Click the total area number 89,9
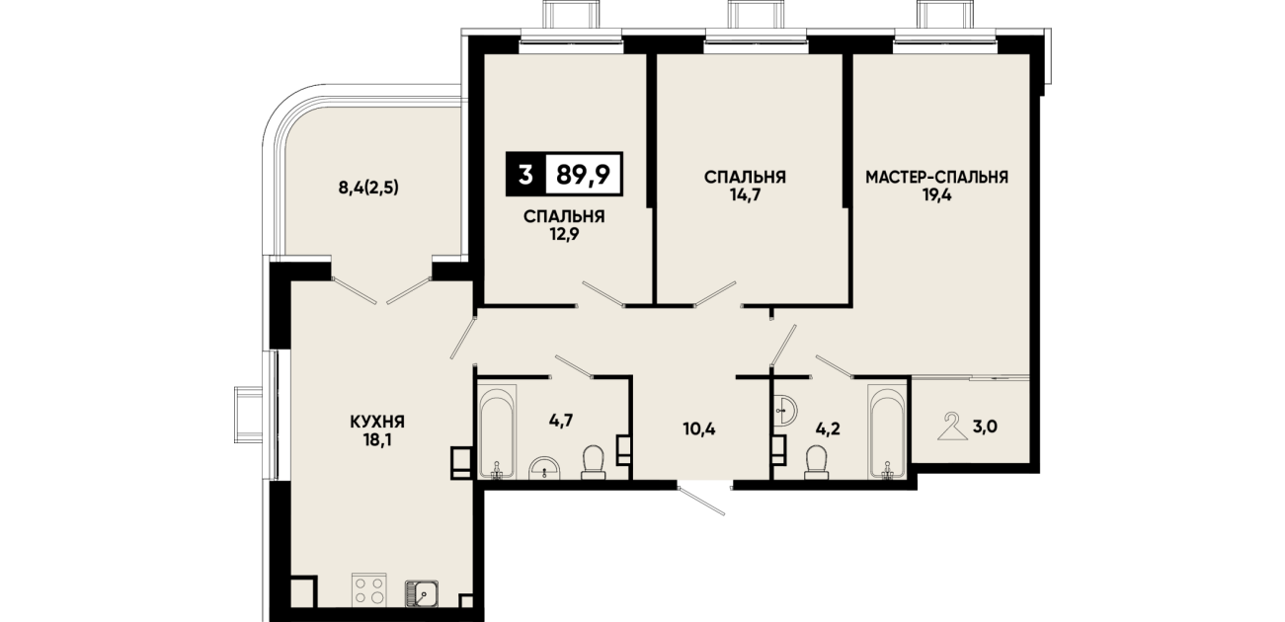pyautogui.click(x=583, y=175)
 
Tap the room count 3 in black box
pyautogui.click(x=524, y=175)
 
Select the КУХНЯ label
pyautogui.click(x=377, y=422)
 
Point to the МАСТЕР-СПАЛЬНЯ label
pyautogui.click(x=936, y=177)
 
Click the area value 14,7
pyautogui.click(x=745, y=195)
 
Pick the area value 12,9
pyautogui.click(x=564, y=234)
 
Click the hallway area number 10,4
pyautogui.click(x=698, y=428)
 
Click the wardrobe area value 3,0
pyautogui.click(x=985, y=427)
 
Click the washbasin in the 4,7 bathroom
pyautogui.click(x=545, y=467)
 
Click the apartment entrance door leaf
pyautogui.click(x=701, y=501)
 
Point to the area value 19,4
pyautogui.click(x=936, y=195)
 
